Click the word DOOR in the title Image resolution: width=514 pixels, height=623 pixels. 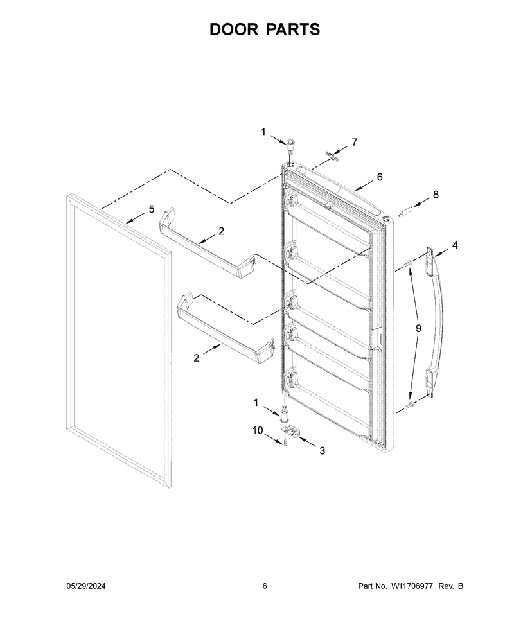(x=234, y=30)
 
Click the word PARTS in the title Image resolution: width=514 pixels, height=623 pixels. (x=294, y=30)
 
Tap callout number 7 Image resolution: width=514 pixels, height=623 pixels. (x=355, y=142)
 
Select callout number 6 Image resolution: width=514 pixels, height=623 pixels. (x=380, y=177)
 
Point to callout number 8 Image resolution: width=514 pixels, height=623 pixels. (x=436, y=195)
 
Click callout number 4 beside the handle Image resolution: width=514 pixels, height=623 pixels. (x=455, y=245)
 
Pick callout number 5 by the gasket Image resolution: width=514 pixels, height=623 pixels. (x=152, y=209)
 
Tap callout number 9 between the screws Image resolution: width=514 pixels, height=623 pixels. (x=419, y=328)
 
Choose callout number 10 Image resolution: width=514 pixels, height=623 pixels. (x=258, y=430)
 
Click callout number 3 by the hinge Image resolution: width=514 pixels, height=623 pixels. (x=322, y=451)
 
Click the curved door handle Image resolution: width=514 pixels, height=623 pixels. (x=436, y=321)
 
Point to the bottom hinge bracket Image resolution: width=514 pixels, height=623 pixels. (x=293, y=432)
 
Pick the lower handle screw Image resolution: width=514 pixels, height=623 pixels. (x=409, y=405)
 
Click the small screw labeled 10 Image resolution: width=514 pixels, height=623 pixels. (x=286, y=441)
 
